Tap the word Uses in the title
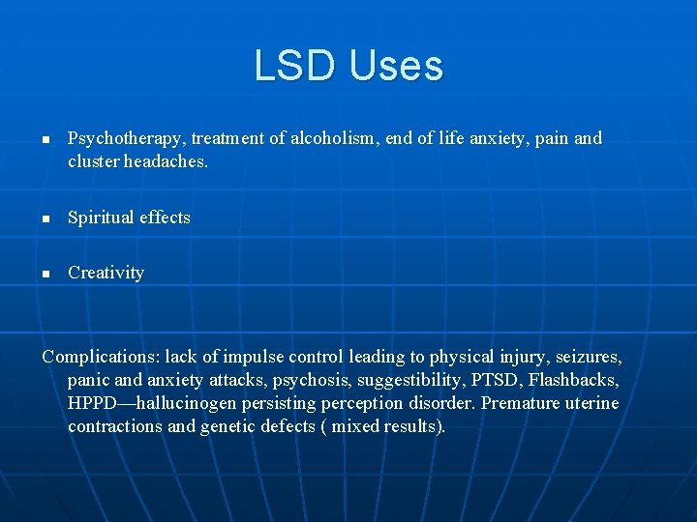coord(393,66)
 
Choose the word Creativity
coord(106,273)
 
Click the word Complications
coord(101,357)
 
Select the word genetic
coord(227,426)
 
